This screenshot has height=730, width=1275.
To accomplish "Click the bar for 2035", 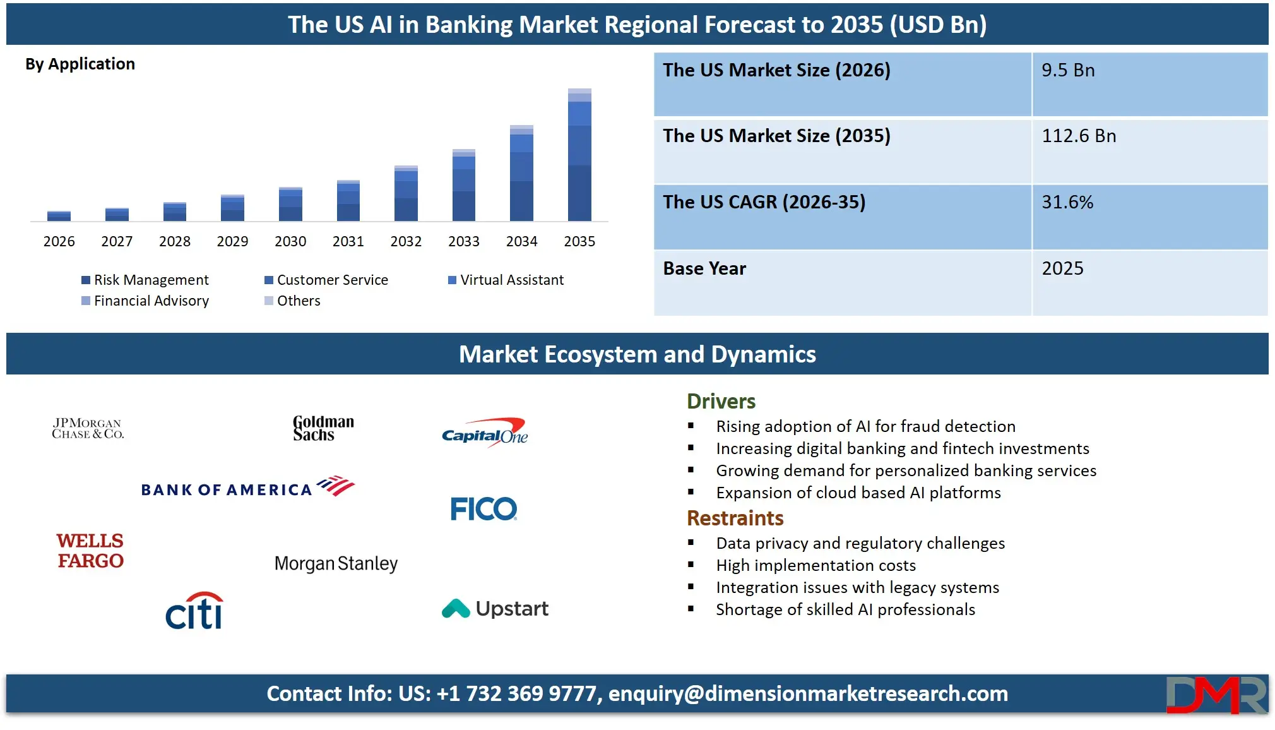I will coord(579,155).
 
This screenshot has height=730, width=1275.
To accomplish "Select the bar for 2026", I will coord(59,216).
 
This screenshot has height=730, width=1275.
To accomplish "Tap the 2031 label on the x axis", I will coord(348,241).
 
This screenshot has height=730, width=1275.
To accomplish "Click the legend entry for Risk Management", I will coord(145,280).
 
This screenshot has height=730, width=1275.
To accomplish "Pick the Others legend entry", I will coord(292,301).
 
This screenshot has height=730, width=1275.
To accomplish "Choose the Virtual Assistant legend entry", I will coord(506,280).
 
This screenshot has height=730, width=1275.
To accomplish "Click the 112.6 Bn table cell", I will coord(1079,136).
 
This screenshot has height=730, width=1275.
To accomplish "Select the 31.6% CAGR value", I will coord(1067,202).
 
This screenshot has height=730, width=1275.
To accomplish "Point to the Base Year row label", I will coord(704,268).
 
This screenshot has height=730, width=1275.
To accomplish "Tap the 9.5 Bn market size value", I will coord(1068,70).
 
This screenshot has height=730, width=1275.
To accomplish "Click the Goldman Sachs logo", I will coord(323,428).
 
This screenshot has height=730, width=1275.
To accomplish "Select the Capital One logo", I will coord(485,433).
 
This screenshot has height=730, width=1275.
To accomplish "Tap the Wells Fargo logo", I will coord(90,551).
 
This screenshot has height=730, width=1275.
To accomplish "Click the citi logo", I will coord(194,611).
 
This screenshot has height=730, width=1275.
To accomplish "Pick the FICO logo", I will coord(483,508).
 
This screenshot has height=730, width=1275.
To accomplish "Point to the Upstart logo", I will coord(495,608).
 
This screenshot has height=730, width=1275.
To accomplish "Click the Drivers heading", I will coord(721,401).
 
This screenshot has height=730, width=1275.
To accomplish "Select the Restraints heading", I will coord(735,518).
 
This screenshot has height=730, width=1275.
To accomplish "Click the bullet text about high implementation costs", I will coord(815,565).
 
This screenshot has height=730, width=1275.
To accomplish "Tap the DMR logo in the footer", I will coord(1216,695).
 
